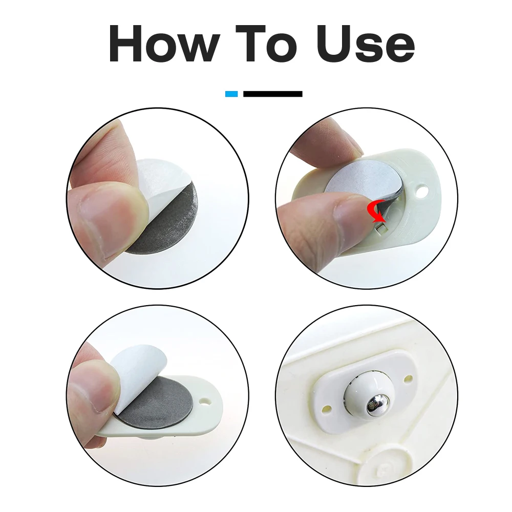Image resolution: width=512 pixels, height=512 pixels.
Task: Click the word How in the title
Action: click(x=163, y=45)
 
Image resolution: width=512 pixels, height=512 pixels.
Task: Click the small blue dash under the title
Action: click(x=231, y=94)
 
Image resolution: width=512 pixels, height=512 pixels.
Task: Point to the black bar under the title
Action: click(x=272, y=94)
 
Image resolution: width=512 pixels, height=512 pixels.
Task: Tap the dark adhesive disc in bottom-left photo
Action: click(x=159, y=404)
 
